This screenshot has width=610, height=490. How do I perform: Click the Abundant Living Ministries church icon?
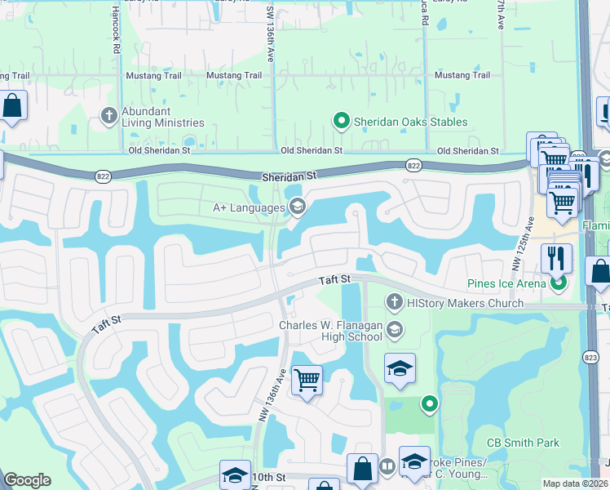pyautogui.click(x=108, y=116)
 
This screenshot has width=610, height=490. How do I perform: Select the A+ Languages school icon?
pyautogui.click(x=297, y=207)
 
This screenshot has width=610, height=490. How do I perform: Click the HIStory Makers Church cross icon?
pyautogui.click(x=394, y=303)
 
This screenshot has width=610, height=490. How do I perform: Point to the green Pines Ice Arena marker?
pyautogui.click(x=558, y=284)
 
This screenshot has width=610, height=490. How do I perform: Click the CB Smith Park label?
pyautogui.click(x=523, y=443)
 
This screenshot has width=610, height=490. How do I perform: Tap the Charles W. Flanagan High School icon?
pyautogui.click(x=395, y=330)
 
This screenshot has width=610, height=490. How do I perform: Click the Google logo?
pyautogui.click(x=28, y=479)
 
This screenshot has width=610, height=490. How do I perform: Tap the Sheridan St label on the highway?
pyautogui.click(x=289, y=176)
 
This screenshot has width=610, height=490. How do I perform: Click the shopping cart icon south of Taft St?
pyautogui.click(x=307, y=379)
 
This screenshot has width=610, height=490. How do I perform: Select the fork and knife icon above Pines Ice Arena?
pyautogui.click(x=556, y=258)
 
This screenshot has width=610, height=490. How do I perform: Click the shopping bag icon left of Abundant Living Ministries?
pyautogui.click(x=12, y=105)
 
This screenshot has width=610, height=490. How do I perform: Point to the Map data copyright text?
pyautogui.click(x=575, y=483)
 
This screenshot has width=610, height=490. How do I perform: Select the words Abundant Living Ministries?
pyautogui.click(x=162, y=117)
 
